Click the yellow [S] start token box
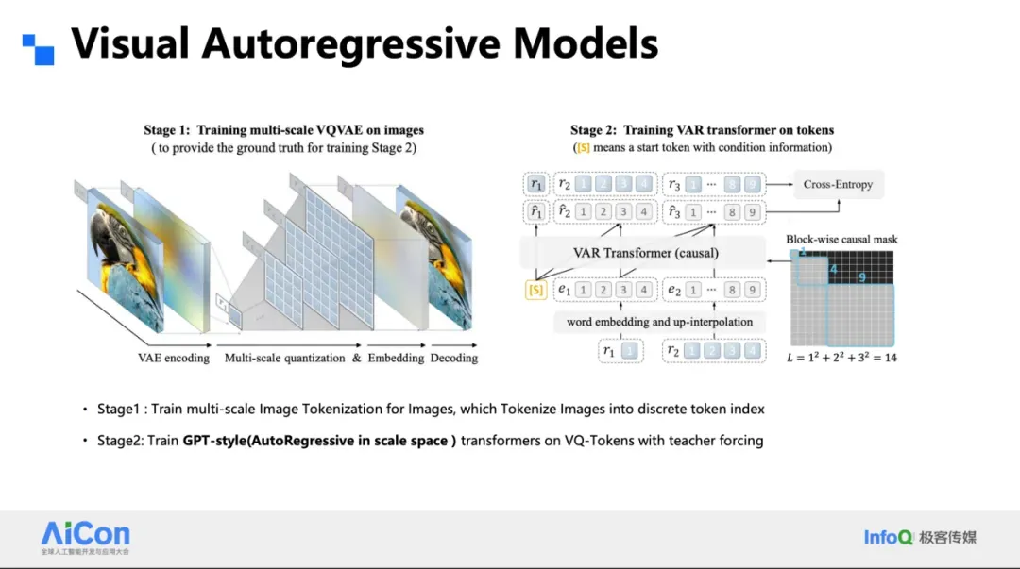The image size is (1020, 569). (x=535, y=291)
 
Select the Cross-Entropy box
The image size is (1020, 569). (x=838, y=184)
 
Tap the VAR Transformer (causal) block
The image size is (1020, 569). (x=645, y=253)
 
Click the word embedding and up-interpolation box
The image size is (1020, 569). (x=659, y=322)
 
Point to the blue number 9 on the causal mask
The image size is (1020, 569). (x=862, y=277)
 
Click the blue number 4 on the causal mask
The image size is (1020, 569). (x=833, y=270)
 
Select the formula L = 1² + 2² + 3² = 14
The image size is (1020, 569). (x=841, y=359)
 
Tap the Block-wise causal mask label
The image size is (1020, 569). (x=841, y=239)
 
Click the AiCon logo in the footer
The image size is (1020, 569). (x=86, y=535)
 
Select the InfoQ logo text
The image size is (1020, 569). (x=888, y=537)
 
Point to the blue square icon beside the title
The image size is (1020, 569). (x=39, y=49)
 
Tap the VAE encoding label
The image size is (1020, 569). (x=174, y=359)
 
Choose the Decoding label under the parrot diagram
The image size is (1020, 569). (x=453, y=359)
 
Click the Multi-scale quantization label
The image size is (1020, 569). (x=285, y=359)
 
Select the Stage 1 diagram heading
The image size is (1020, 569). (x=283, y=129)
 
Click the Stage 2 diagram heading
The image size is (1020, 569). (x=702, y=129)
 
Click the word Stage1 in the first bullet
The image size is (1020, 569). (x=117, y=410)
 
